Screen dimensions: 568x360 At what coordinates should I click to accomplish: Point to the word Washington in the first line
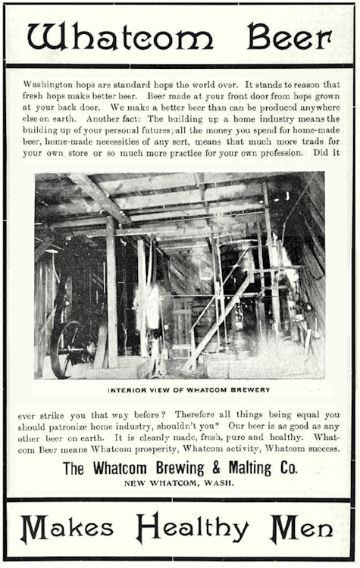pyautogui.click(x=52, y=84)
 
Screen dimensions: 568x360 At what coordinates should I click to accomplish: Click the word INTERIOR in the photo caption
pyautogui.click(x=130, y=390)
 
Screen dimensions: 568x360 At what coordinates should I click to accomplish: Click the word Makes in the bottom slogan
pyautogui.click(x=66, y=528)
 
